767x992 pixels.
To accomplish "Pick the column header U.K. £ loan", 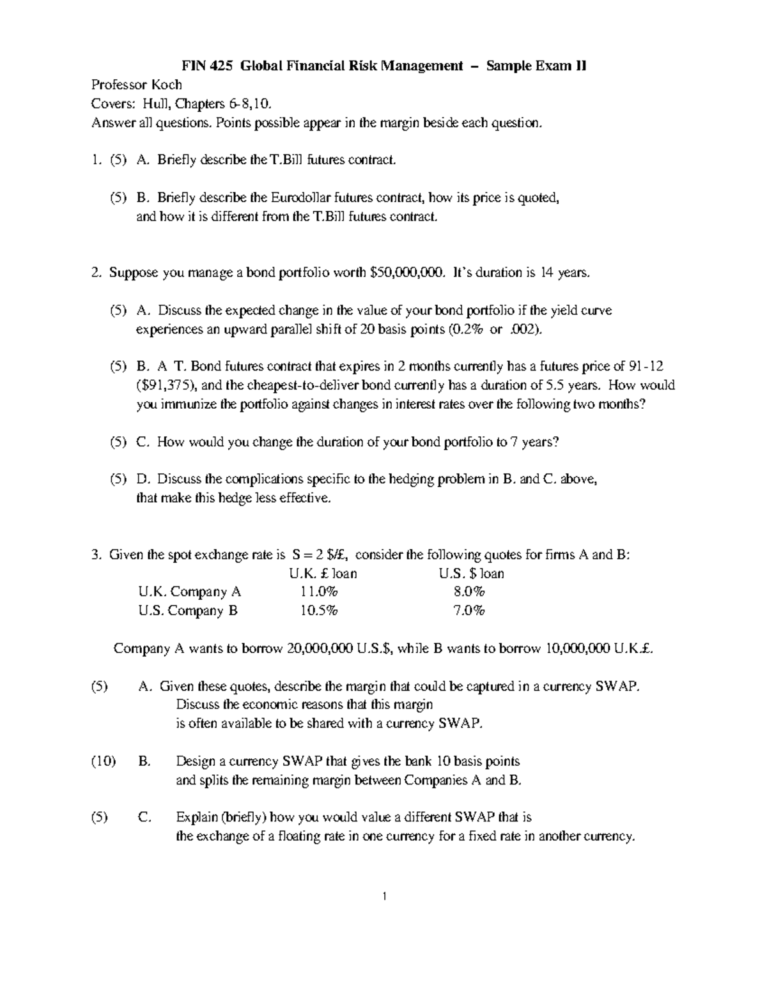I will [323, 574].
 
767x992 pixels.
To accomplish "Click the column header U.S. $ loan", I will [471, 574].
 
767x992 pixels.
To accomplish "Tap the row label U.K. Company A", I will [189, 592].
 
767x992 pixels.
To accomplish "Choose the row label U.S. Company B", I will [187, 611].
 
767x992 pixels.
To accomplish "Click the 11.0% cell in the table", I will [319, 592].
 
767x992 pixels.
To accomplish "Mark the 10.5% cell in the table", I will [319, 611].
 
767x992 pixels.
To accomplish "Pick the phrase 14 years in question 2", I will [561, 273].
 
